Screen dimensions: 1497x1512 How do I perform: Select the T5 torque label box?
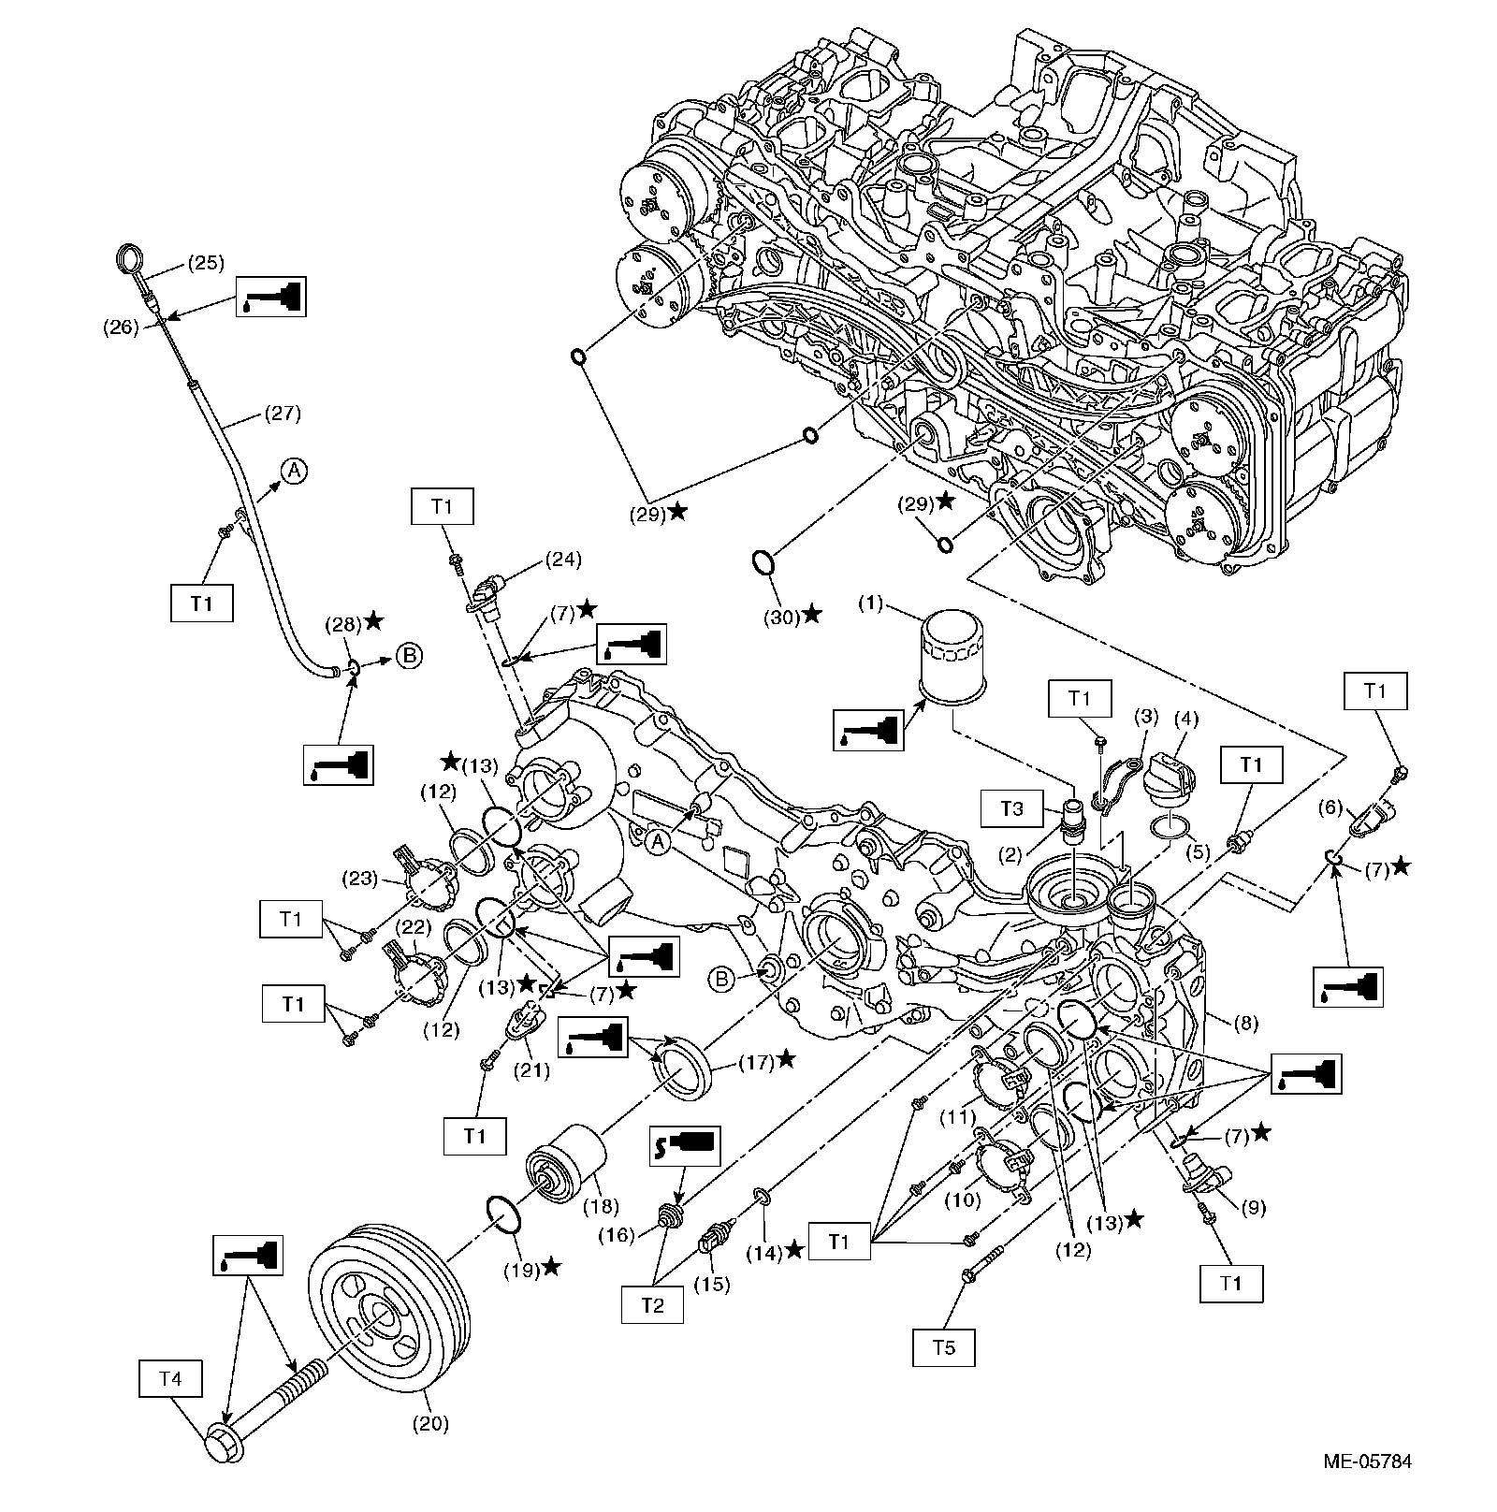[x=945, y=1348]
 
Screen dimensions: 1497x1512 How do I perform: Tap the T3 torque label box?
[x=1012, y=808]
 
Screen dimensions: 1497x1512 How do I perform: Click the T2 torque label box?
[x=652, y=1305]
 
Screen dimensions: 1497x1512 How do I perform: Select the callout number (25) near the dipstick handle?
[x=206, y=263]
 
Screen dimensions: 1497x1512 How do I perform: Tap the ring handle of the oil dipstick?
[x=128, y=257]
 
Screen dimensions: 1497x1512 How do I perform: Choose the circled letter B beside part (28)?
[x=409, y=656]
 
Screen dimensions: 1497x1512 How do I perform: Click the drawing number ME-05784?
[x=1367, y=1461]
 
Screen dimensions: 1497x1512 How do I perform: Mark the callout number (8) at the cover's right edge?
[x=1245, y=1024]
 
